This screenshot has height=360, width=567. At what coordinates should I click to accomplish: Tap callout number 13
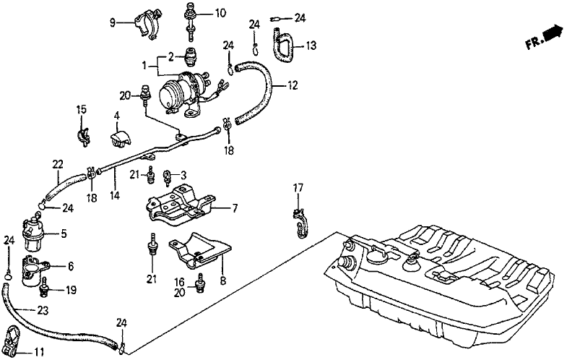coord(311,46)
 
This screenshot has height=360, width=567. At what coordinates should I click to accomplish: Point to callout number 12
coord(293,85)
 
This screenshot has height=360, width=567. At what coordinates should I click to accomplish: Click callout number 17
coord(296,188)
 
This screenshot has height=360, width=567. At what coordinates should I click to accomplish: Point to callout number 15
coord(82,109)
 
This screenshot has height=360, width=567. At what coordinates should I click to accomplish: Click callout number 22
coord(58,164)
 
